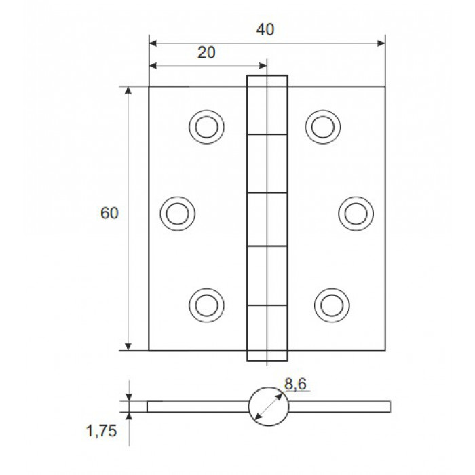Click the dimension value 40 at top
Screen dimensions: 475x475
point(265,29)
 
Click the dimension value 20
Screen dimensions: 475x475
point(206,52)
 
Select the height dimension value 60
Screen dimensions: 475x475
point(109,213)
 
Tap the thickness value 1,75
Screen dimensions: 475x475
point(101,431)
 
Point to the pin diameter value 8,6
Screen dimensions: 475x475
point(295,384)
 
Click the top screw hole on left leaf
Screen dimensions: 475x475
point(206,127)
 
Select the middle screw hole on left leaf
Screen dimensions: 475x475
point(178,214)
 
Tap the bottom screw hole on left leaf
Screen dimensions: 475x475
point(206,305)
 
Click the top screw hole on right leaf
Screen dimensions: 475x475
point(322,127)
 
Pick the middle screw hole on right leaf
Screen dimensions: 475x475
point(356,214)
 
